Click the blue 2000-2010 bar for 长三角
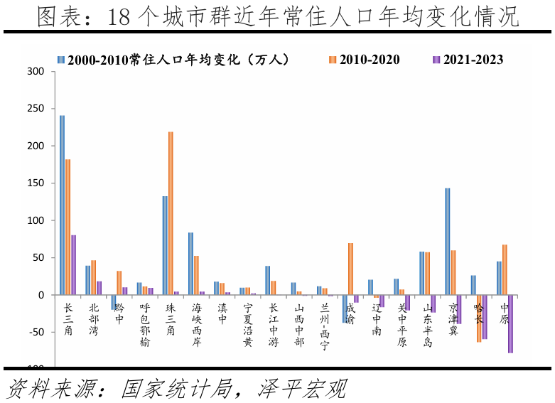pos(62,205)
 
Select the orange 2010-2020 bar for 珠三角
pos(171,213)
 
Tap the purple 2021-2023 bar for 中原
pos(510,323)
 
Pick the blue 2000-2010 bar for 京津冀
pos(448,242)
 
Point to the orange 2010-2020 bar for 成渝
pos(350,269)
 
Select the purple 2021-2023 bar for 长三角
pos(73,264)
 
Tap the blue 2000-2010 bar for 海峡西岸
pos(190,264)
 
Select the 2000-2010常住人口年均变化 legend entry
pos(174,60)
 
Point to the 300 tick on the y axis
pos(38,72)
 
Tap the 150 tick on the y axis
pos(38,183)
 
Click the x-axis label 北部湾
pos(94,319)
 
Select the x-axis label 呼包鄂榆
pos(145,325)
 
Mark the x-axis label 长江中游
pos(273,325)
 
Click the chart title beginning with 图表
pos(277,16)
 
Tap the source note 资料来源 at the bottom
pos(178,388)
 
